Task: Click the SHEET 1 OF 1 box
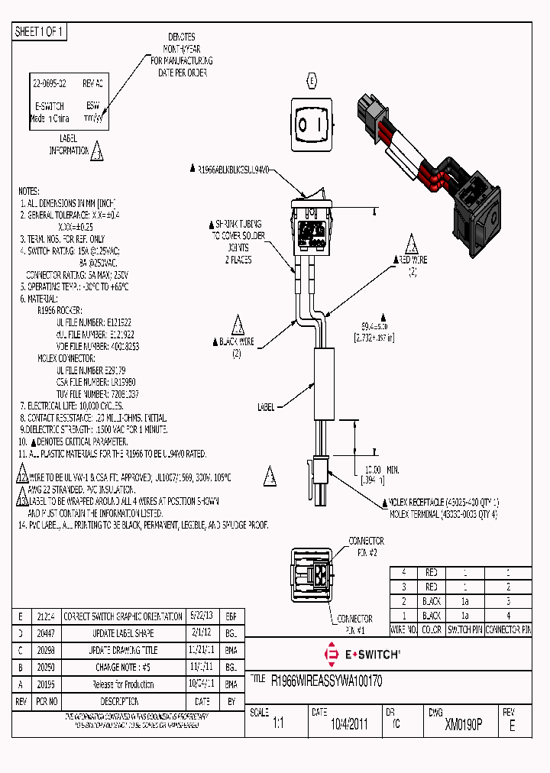pos(40,32)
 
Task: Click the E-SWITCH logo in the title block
pos(363,655)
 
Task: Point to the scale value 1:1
pos(277,725)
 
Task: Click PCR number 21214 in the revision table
pos(46,616)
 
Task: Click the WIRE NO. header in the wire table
pos(403,631)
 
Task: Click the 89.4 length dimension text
pos(374,325)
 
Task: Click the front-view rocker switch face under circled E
pos(311,122)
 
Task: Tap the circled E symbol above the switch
pos(311,80)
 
